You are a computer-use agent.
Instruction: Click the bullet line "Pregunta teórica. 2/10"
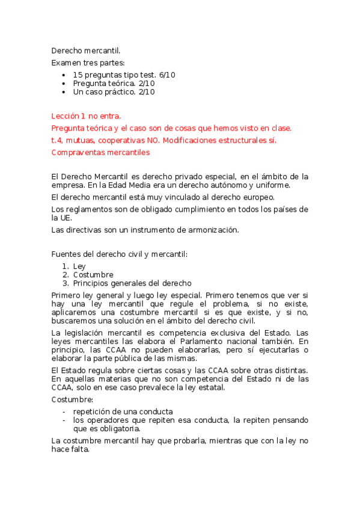[x=114, y=84]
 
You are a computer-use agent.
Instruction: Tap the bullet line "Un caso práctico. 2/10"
[x=114, y=92]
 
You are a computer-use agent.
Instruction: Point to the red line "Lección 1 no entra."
[x=87, y=115]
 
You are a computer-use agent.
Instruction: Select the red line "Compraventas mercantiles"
[x=100, y=152]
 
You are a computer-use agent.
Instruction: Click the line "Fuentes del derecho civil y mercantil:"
[x=120, y=254]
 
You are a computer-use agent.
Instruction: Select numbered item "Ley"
[x=79, y=266]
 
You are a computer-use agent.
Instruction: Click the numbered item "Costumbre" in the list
[x=93, y=275]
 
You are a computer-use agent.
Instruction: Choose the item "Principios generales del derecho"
[x=132, y=283]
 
